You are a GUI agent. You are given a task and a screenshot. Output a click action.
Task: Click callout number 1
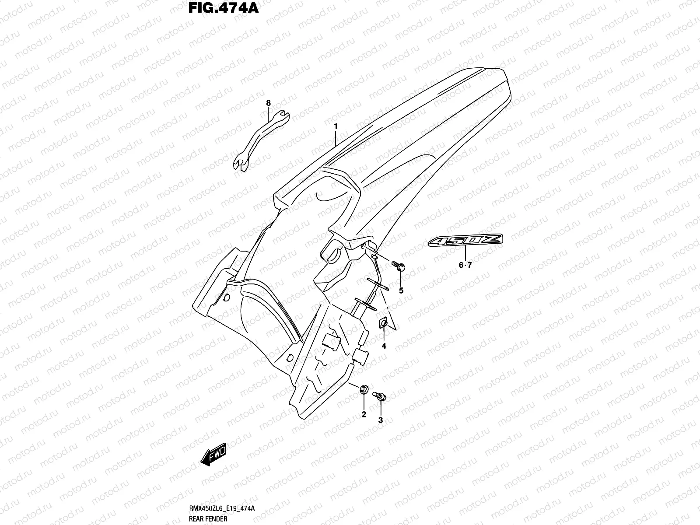336,126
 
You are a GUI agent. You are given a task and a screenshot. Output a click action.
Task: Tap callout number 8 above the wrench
269,103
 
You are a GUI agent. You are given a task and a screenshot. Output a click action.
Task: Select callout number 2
364,414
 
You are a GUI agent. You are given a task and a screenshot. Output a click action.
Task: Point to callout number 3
380,420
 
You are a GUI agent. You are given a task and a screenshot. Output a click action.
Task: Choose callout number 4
384,346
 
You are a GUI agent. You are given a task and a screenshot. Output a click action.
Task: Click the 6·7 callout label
465,265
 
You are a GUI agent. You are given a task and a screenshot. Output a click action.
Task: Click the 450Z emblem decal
466,240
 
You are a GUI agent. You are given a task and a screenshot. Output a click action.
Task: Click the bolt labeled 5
399,266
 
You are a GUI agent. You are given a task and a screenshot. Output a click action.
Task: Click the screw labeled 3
379,396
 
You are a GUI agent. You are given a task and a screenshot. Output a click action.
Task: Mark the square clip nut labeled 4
384,324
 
